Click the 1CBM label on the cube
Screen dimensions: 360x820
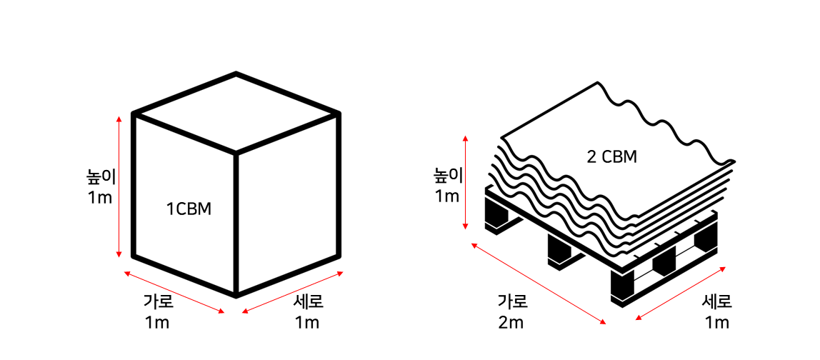[x=189, y=209]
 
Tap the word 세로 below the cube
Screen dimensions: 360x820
[x=308, y=301]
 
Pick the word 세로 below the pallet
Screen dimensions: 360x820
[x=716, y=301]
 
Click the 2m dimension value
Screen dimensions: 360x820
[x=511, y=323]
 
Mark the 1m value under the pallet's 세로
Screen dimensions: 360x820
[x=716, y=323]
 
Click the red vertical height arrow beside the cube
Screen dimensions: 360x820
[x=119, y=186]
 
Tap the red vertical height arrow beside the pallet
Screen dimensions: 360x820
[x=466, y=182]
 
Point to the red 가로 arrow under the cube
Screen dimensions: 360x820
[x=174, y=292]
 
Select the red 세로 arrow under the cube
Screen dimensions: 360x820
[x=293, y=292]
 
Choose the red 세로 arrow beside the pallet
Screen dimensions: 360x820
[x=681, y=294]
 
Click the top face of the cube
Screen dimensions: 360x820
[x=236, y=112]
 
